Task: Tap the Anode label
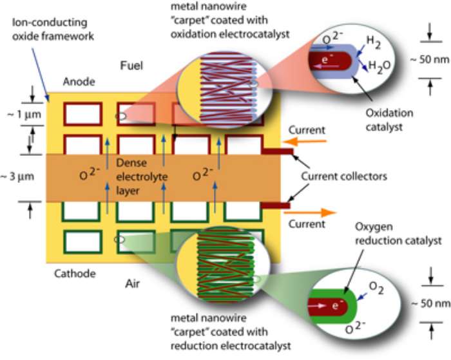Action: coord(79,82)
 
